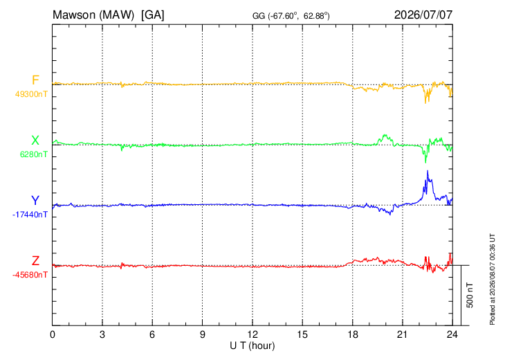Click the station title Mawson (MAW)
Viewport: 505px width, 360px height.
click(93, 15)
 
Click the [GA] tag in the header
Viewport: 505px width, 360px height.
click(153, 15)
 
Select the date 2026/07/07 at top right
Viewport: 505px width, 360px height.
click(423, 15)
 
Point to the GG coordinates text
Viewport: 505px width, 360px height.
click(291, 16)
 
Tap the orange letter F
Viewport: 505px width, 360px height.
click(35, 80)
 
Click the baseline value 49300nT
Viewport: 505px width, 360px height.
click(31, 94)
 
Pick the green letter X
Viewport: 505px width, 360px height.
click(35, 141)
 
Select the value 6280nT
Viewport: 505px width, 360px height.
click(34, 154)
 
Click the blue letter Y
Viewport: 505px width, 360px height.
click(35, 201)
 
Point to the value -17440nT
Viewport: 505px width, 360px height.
click(30, 215)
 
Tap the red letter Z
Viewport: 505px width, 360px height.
click(35, 261)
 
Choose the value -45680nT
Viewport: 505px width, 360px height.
click(30, 275)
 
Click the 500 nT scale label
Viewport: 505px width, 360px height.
click(470, 295)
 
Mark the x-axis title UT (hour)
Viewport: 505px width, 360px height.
click(252, 346)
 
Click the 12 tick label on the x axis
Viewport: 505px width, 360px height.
click(252, 335)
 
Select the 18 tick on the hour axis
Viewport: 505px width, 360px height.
click(353, 335)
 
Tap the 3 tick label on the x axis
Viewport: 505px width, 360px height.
click(102, 335)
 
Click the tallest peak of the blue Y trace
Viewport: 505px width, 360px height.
click(428, 170)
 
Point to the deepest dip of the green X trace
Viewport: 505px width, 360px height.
click(425, 163)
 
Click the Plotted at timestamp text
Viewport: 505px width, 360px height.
click(492, 279)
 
